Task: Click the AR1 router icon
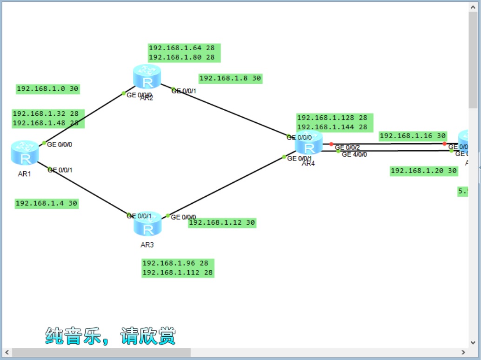[25, 153]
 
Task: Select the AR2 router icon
[147, 77]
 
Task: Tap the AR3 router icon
[147, 224]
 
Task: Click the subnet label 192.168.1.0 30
[47, 89]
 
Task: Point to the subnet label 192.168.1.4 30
[47, 203]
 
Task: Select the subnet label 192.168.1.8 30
[230, 79]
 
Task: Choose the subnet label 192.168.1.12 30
[222, 223]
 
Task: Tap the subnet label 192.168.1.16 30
[413, 136]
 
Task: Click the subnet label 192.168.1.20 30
[424, 171]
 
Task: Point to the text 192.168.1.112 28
[178, 273]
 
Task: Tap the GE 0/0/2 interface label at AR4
[347, 147]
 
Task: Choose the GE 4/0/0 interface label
[354, 154]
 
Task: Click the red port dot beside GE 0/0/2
[331, 144]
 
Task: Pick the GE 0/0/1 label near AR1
[60, 170]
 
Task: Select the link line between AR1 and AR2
[84, 118]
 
